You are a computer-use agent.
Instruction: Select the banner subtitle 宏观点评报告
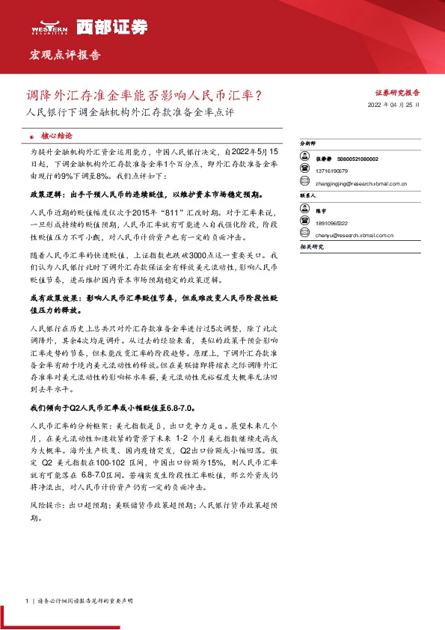click(x=65, y=55)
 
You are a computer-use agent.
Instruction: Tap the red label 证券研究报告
click(x=397, y=93)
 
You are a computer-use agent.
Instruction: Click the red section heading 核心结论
click(x=57, y=137)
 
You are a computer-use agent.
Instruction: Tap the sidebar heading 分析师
click(x=307, y=141)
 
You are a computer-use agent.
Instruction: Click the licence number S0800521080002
click(x=357, y=159)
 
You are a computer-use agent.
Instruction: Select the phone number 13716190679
click(x=332, y=171)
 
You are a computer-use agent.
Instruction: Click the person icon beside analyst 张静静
click(x=304, y=159)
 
